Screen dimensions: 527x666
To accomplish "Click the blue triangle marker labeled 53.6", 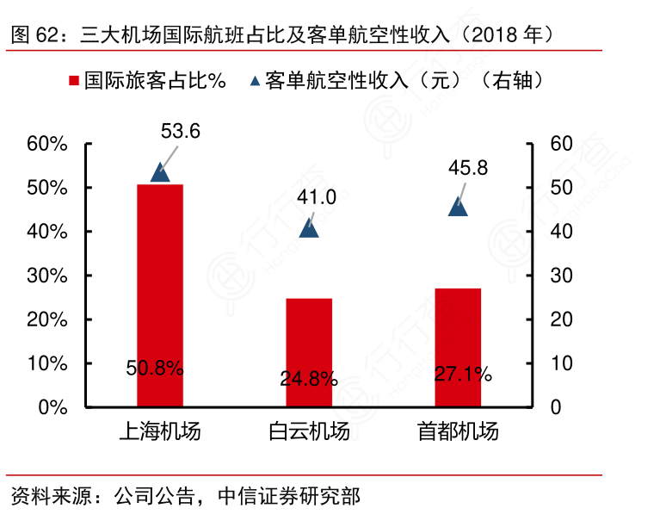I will click(161, 172).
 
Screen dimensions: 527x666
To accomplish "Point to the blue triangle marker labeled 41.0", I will click(309, 227).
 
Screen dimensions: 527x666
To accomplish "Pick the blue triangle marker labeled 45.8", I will click(459, 207).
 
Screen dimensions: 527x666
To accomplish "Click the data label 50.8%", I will click(155, 369).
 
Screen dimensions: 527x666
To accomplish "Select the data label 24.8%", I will click(309, 378).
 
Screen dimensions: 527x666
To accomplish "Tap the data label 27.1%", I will click(463, 374).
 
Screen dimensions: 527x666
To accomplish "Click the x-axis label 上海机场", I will click(160, 431).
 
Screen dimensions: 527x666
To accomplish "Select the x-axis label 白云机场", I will click(309, 431).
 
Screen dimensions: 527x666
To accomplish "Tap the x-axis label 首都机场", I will click(458, 431).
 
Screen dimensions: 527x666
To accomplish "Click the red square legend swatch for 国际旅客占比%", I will click(73, 82).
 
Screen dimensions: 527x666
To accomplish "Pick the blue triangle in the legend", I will click(255, 82).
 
